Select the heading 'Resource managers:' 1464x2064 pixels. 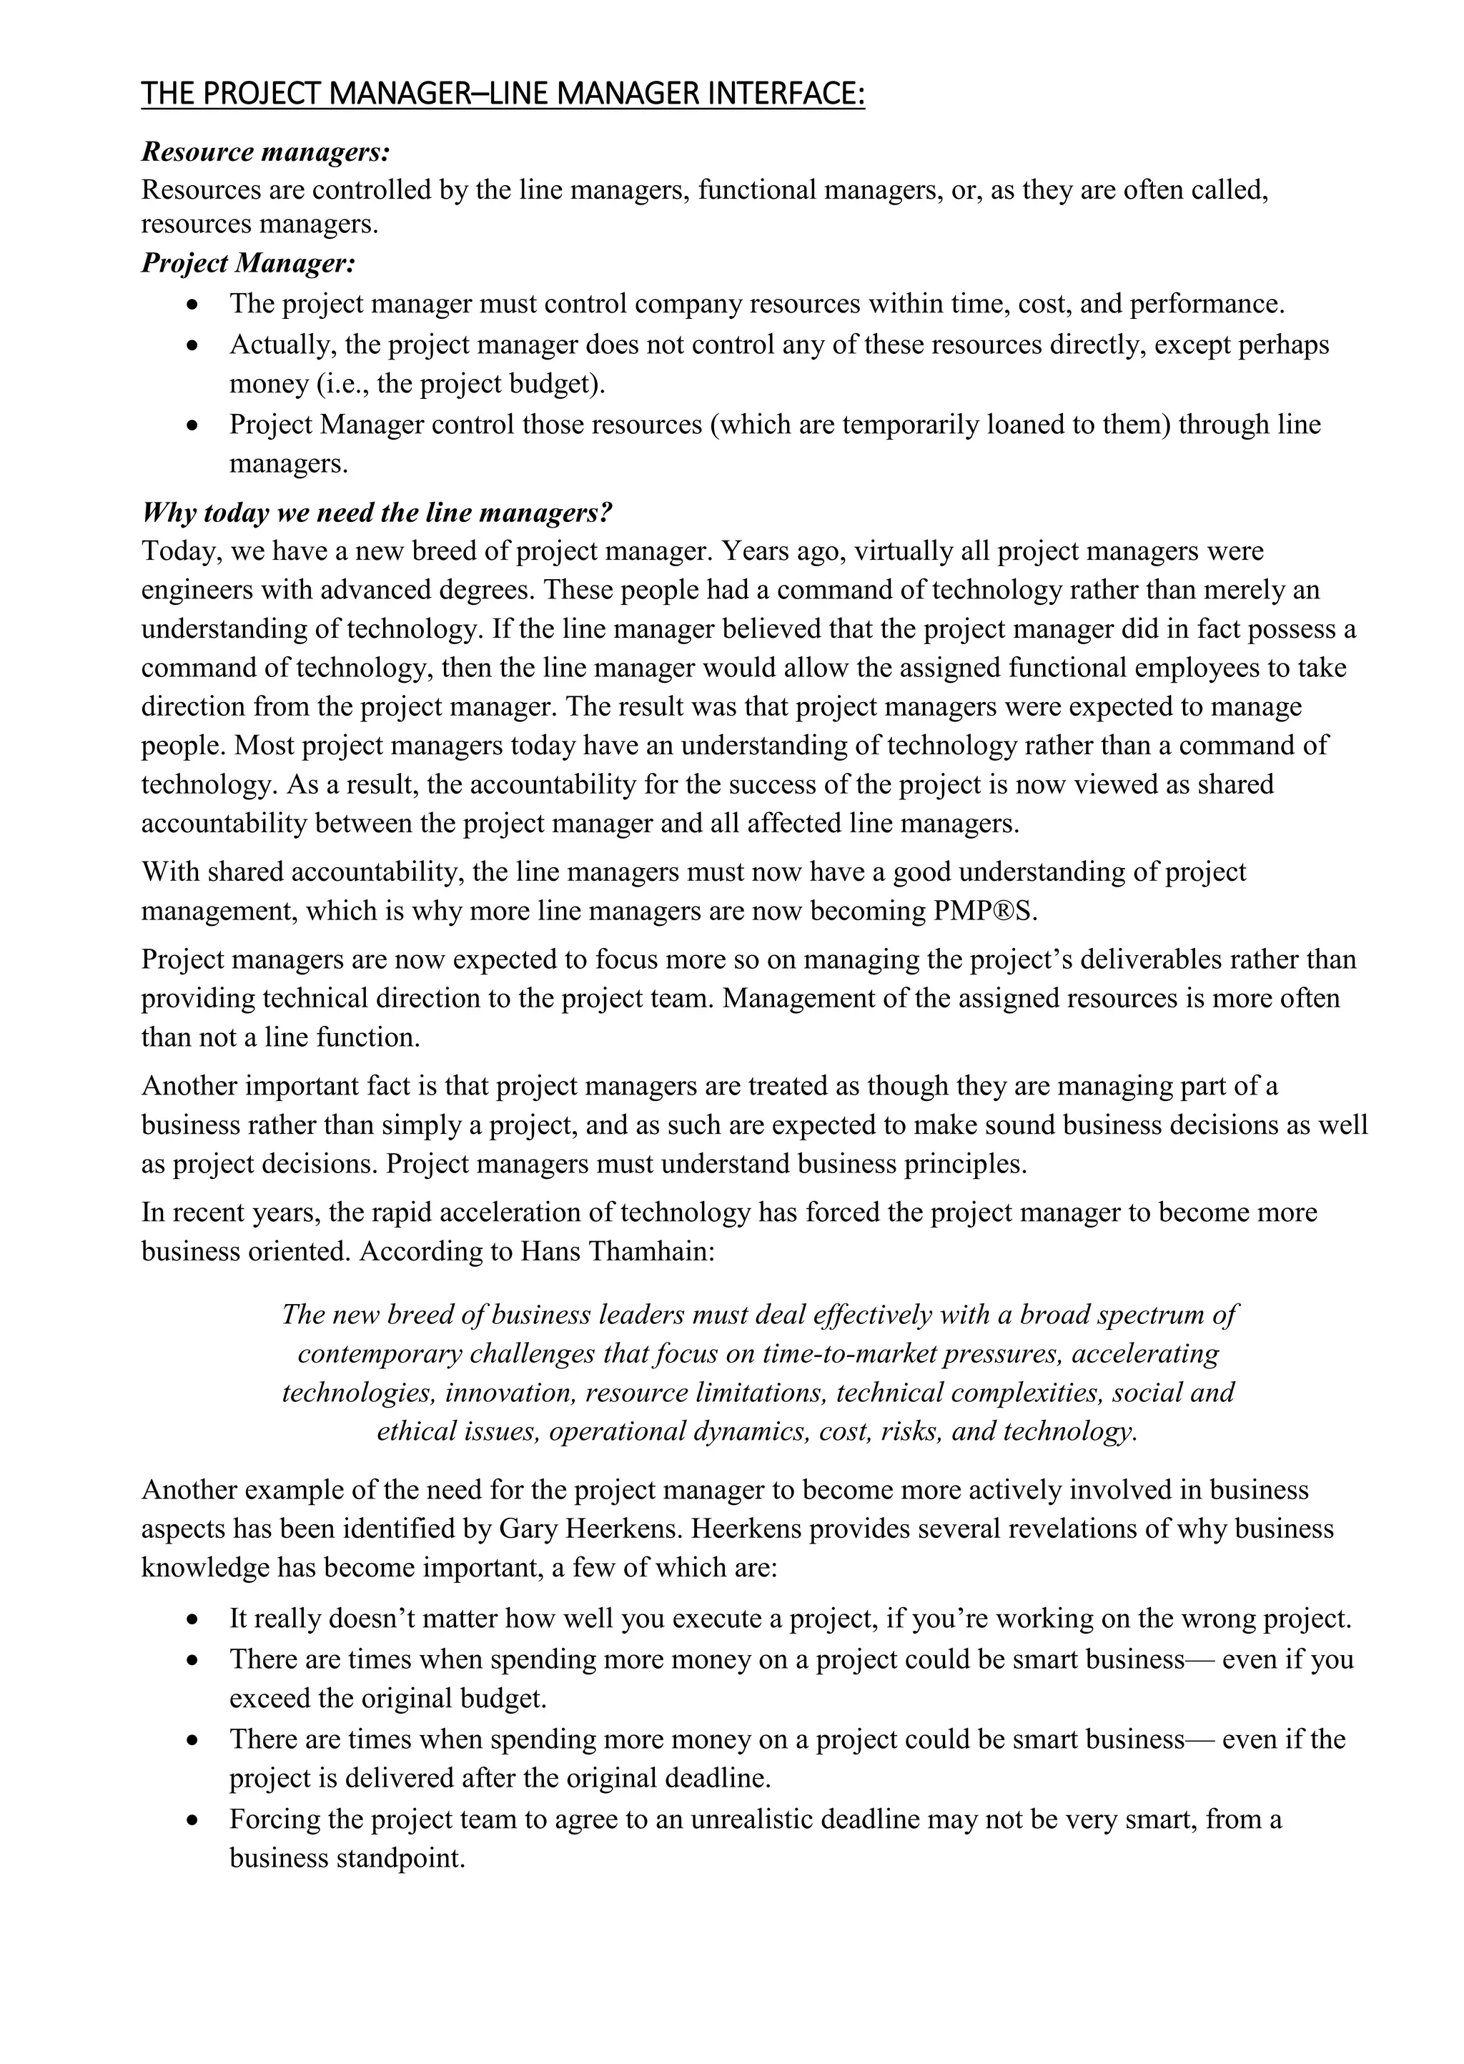(x=265, y=152)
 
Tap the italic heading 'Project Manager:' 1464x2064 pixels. (x=249, y=263)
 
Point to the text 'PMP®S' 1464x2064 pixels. (x=984, y=912)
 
